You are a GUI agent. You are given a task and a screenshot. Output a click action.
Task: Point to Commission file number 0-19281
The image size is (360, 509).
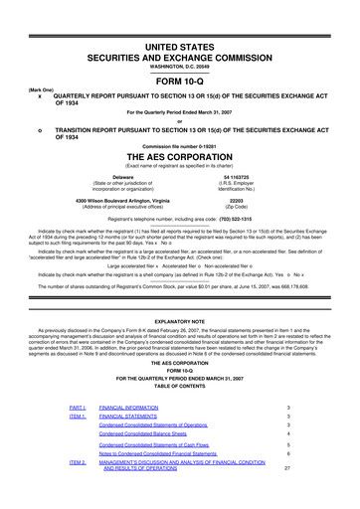point(179,164)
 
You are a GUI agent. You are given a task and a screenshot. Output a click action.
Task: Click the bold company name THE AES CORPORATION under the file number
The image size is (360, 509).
point(179,177)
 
